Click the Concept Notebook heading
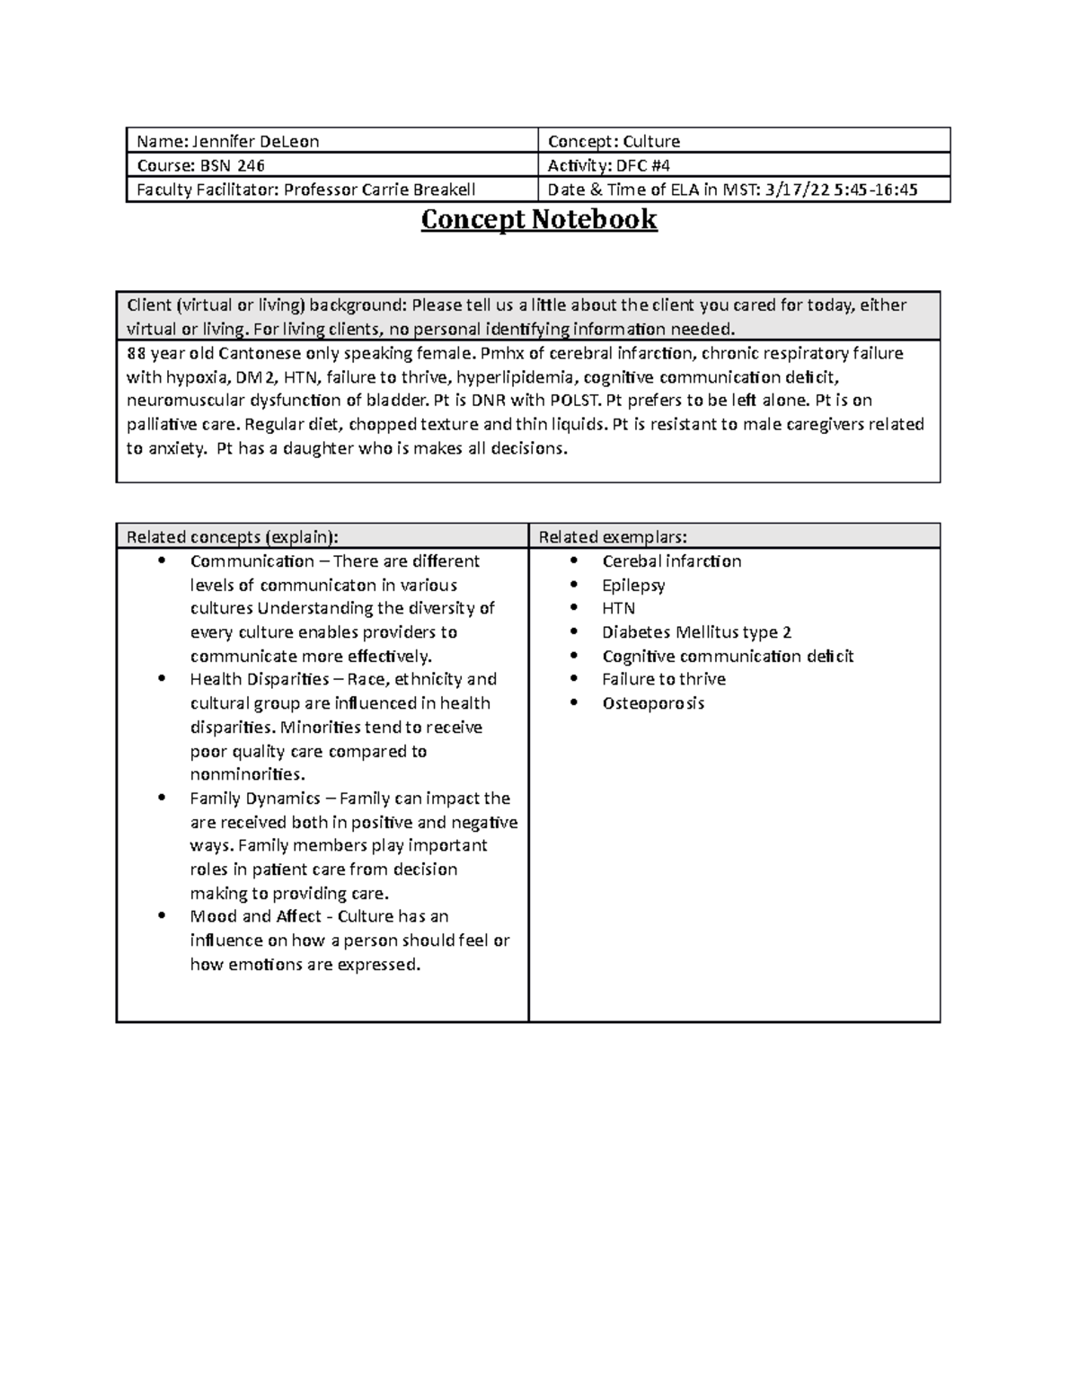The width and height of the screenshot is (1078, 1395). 539,219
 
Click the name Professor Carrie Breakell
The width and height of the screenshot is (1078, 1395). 380,190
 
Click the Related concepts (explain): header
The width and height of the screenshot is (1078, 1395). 233,537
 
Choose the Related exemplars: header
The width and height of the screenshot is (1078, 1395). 613,537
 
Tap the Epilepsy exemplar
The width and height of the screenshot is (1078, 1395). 633,585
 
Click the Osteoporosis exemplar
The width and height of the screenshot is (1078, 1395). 653,703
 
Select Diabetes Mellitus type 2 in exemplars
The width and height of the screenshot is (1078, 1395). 696,632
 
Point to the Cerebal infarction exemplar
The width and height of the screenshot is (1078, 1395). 671,561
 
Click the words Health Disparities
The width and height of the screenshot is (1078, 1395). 260,679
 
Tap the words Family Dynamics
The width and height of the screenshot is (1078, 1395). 255,798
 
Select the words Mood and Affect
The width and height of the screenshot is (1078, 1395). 255,916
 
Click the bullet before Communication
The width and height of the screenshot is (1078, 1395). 162,561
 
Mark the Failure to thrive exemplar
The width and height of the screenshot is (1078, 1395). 664,679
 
